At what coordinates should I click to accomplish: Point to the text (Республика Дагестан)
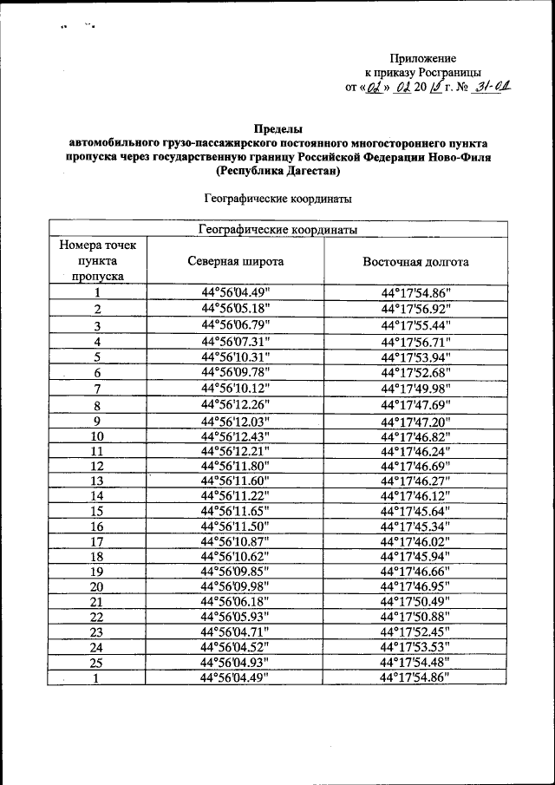[x=277, y=171]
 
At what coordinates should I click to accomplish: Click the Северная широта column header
[x=235, y=261]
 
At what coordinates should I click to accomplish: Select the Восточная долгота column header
[x=415, y=261]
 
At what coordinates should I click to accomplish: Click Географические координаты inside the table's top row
[x=277, y=230]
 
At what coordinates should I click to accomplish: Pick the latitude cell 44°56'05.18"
[x=235, y=308]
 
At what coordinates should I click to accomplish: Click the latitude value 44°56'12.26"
[x=235, y=404]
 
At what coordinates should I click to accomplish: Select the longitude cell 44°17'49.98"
[x=415, y=388]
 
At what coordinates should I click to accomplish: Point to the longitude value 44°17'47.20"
[x=415, y=421]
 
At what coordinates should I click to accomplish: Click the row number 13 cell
[x=98, y=481]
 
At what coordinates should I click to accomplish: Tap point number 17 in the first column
[x=98, y=542]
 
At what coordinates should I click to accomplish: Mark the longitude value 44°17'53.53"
[x=415, y=647]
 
